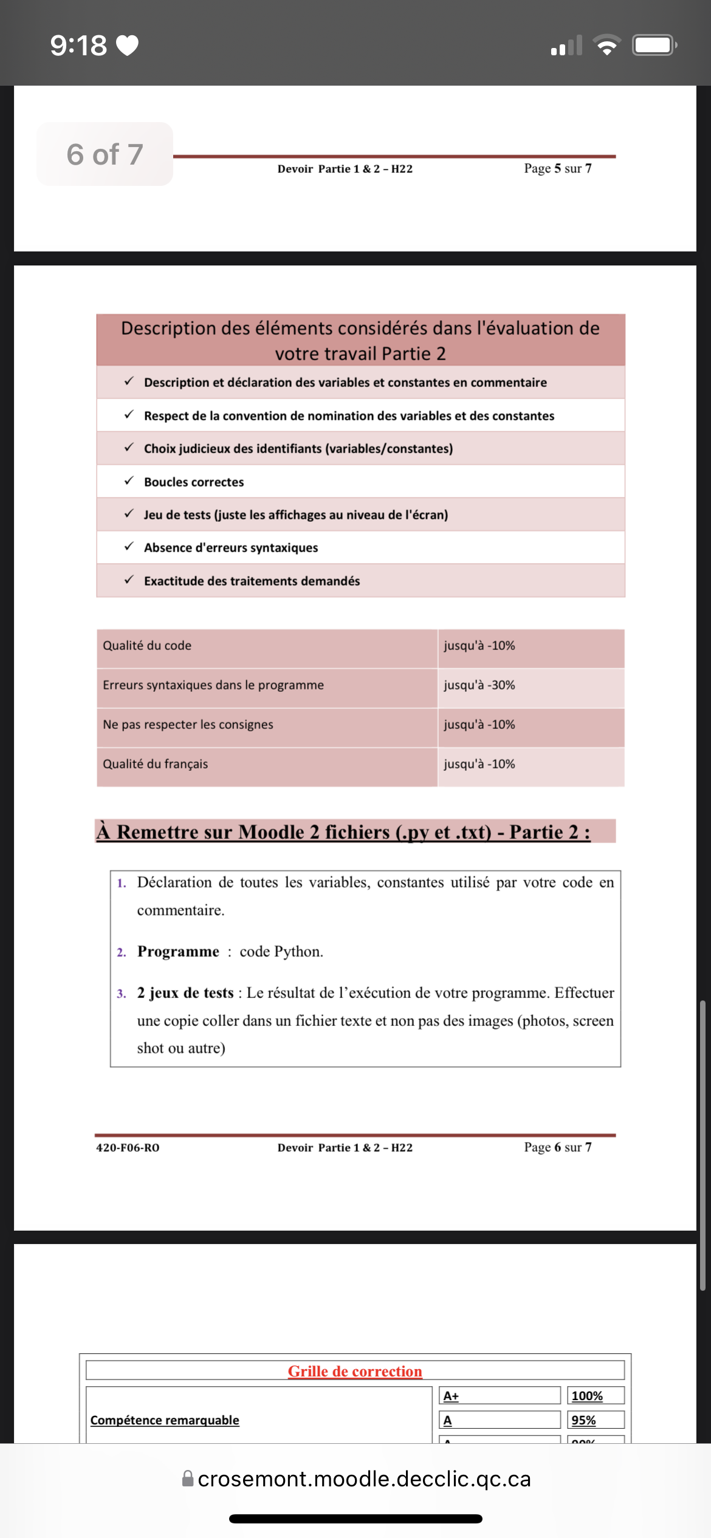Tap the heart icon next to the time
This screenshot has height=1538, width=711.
[x=127, y=46]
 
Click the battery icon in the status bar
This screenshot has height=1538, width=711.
[x=654, y=46]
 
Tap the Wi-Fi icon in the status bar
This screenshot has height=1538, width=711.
[x=606, y=46]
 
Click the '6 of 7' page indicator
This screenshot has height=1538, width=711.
[x=105, y=154]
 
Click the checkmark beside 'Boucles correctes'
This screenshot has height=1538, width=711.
[x=129, y=481]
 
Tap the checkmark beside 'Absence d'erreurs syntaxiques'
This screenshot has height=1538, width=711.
[x=129, y=547]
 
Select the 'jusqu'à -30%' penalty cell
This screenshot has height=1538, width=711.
[x=479, y=685]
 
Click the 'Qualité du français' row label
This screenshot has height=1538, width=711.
[x=156, y=764]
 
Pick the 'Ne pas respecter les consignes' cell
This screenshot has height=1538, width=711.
[x=188, y=725]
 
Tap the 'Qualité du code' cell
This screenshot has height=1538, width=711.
[x=147, y=646]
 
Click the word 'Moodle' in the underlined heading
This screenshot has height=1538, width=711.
[x=271, y=832]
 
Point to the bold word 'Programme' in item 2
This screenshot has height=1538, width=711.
[x=178, y=951]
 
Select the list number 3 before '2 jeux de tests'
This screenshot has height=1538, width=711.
[x=122, y=994]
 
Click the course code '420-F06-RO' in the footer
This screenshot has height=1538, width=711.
[x=128, y=1147]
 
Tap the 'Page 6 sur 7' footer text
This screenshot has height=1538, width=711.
[x=558, y=1147]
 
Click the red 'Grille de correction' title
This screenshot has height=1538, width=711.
[x=355, y=1371]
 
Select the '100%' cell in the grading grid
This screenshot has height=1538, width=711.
[x=587, y=1396]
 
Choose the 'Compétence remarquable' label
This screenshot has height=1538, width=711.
[x=165, y=1420]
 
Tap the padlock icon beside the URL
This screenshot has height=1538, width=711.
[x=188, y=1478]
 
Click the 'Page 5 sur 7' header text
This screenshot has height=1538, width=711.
[x=558, y=168]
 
